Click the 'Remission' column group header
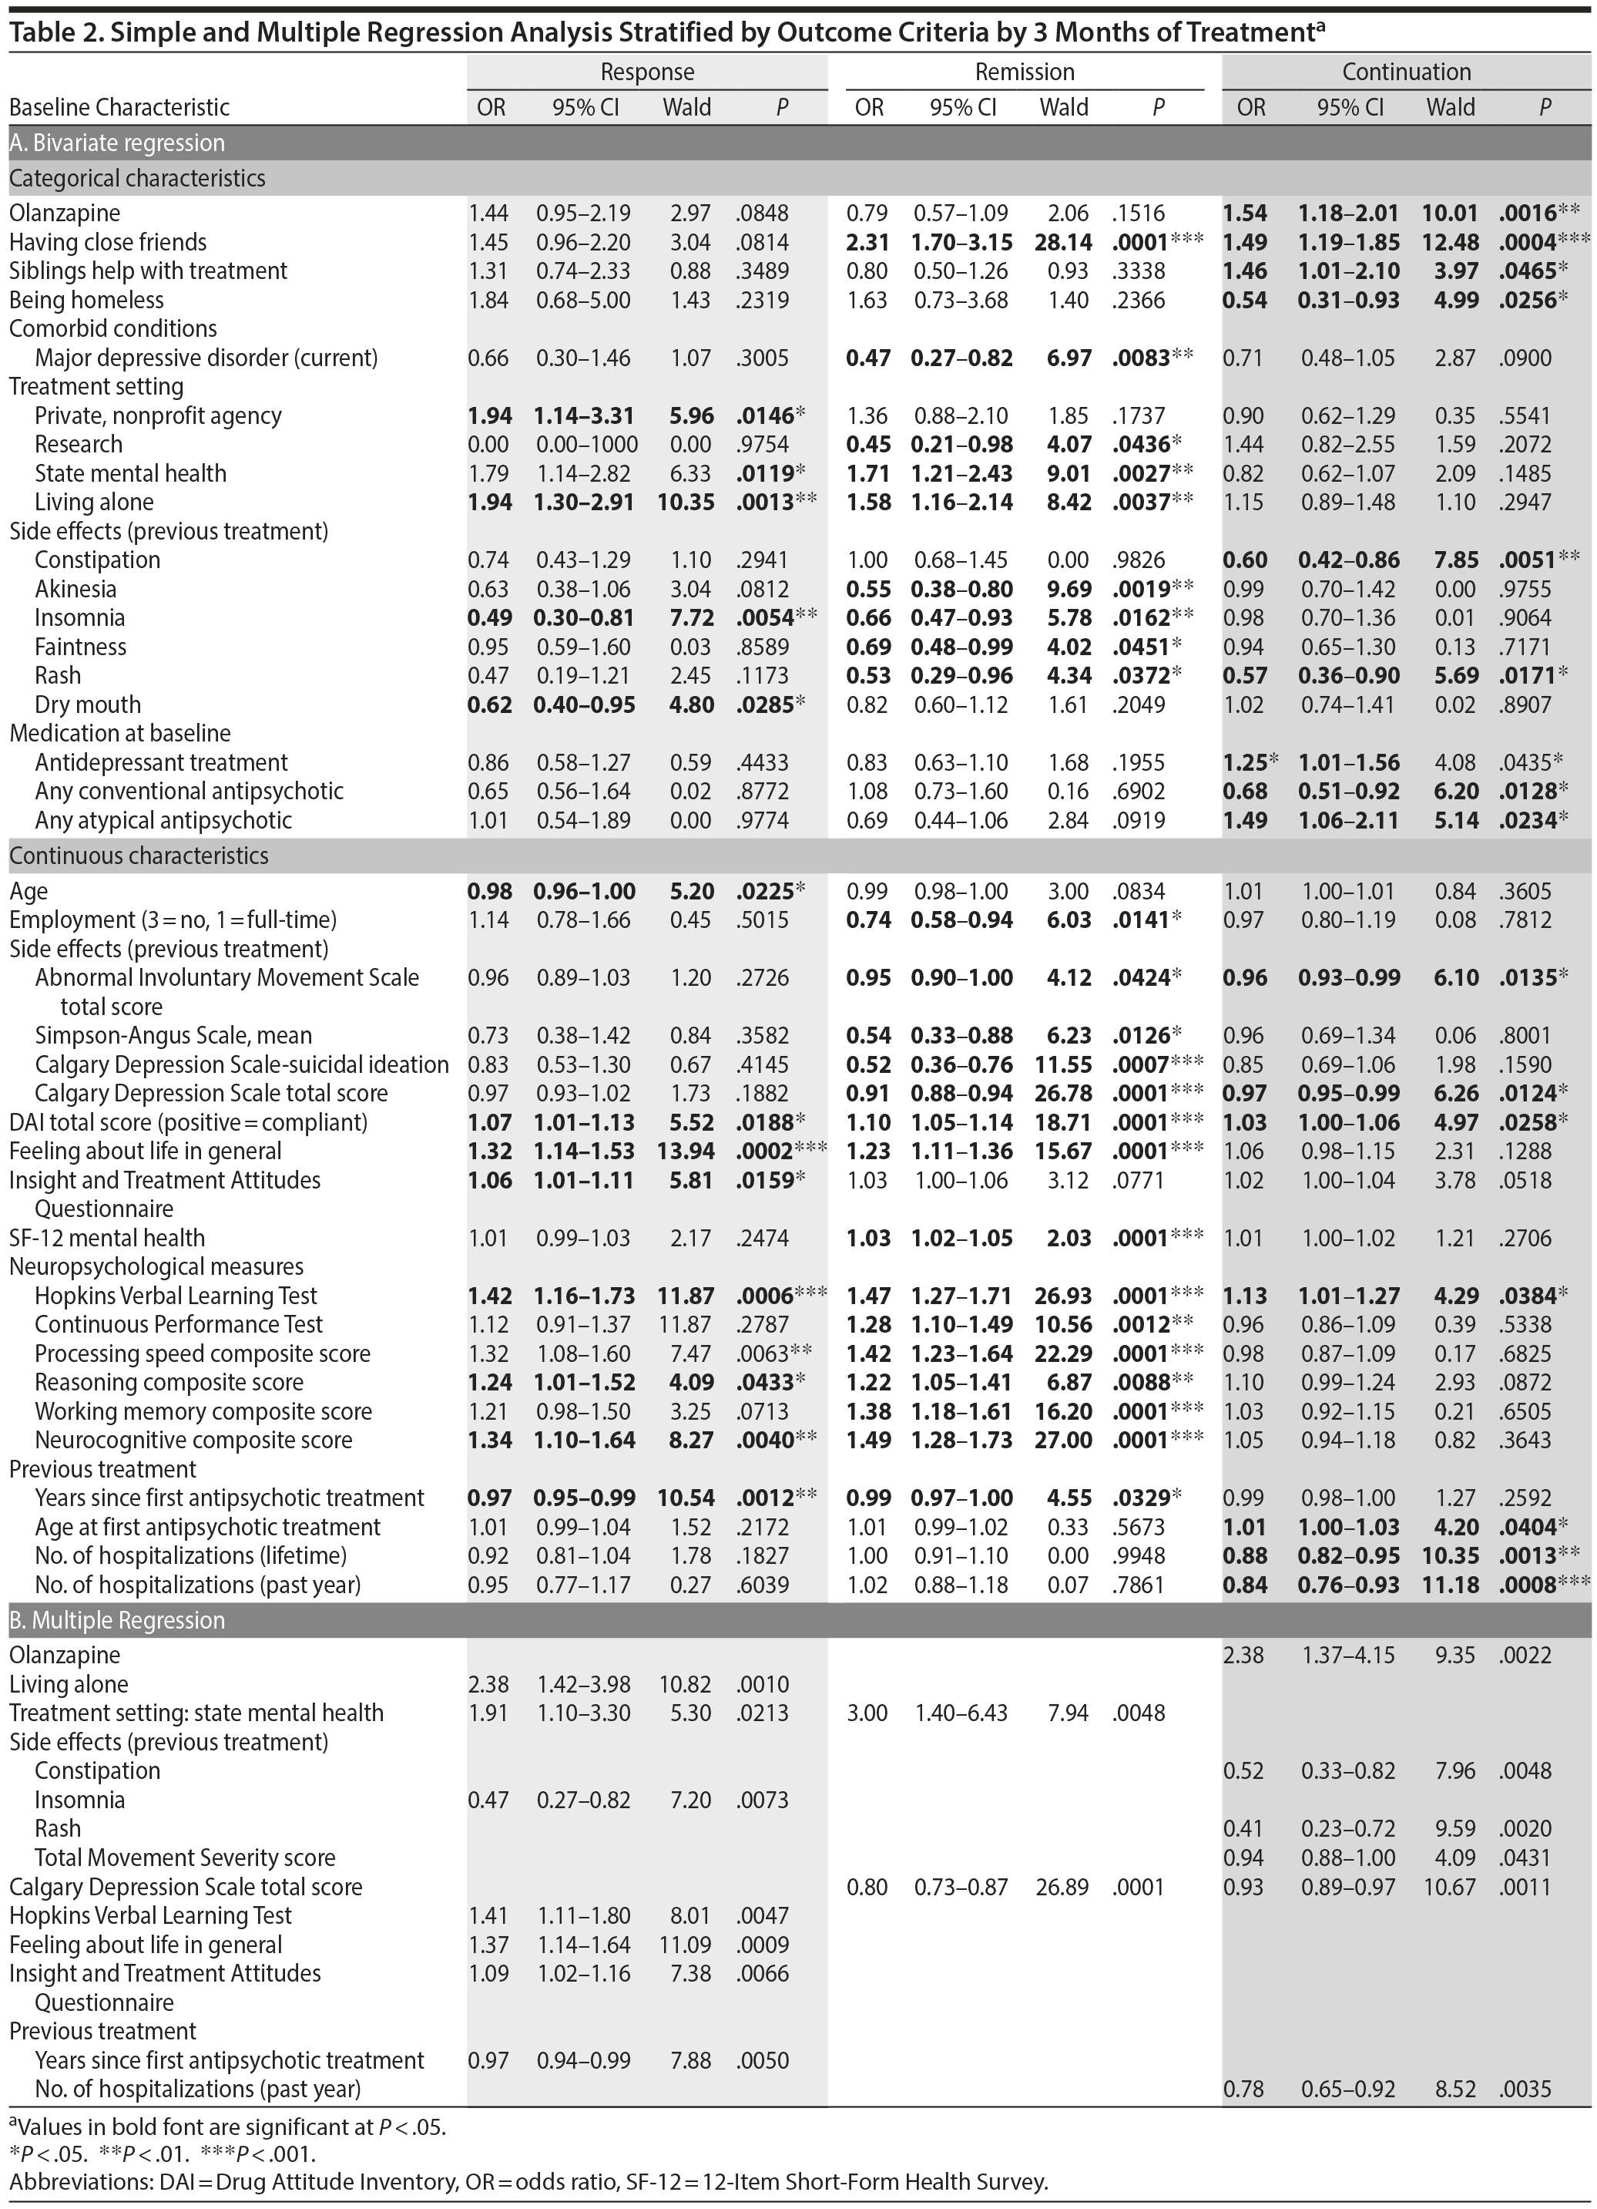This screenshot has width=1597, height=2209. [1025, 72]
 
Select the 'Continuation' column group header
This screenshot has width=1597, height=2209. [1406, 72]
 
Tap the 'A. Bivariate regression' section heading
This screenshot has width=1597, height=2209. [117, 143]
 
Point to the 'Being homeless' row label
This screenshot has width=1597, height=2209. [86, 300]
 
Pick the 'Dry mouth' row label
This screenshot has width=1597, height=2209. [88, 704]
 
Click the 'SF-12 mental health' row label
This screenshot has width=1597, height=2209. [107, 1238]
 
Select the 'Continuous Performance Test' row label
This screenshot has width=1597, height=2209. [178, 1325]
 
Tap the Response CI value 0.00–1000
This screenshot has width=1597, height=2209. [587, 444]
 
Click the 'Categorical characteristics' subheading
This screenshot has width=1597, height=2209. [137, 178]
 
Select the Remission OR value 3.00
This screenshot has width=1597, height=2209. [867, 1713]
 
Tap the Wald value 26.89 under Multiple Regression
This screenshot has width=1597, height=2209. [1062, 1887]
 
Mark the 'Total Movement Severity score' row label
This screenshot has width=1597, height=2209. [185, 1858]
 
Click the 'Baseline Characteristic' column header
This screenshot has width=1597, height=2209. [119, 107]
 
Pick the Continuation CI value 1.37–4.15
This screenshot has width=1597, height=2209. [1350, 1655]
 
